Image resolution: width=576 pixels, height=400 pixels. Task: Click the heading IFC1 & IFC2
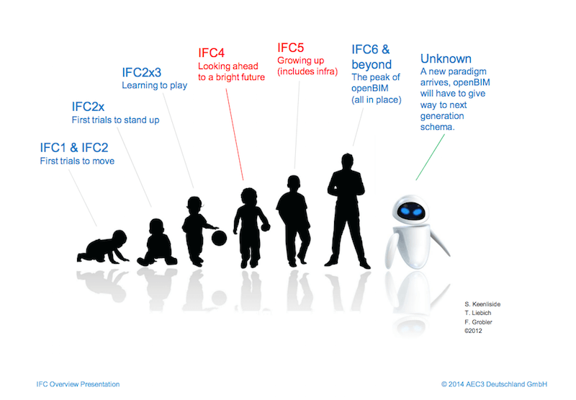pos(78,148)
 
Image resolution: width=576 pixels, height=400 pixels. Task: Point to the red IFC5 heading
pos(292,48)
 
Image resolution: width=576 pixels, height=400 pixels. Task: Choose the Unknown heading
pos(446,58)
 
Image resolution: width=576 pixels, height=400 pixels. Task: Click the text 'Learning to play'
pos(154,86)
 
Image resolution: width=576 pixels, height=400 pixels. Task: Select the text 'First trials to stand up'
pos(115,120)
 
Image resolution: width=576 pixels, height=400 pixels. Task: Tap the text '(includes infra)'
pos(310,72)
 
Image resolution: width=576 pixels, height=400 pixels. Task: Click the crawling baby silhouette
pos(104,246)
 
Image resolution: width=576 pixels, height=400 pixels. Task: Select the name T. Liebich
pos(479,314)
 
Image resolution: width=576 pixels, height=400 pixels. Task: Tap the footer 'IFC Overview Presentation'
pos(78,384)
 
